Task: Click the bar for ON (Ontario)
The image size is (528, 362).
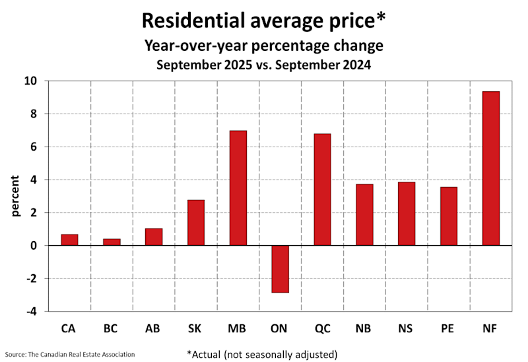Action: pos(280,268)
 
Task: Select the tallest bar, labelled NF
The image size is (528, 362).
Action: pos(490,168)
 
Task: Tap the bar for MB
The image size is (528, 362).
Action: pos(238,188)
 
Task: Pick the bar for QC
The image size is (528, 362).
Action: pos(322,190)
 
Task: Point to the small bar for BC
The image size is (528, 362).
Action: pos(112,242)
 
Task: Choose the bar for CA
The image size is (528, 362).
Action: pos(69,240)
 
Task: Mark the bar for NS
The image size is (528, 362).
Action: pos(407,213)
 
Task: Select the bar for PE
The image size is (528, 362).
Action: pos(449,216)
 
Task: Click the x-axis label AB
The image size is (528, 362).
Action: pos(154,327)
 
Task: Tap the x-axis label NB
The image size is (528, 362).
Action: pos(364,327)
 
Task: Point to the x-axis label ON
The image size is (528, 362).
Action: pos(280,327)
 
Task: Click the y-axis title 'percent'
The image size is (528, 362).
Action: pos(15,196)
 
